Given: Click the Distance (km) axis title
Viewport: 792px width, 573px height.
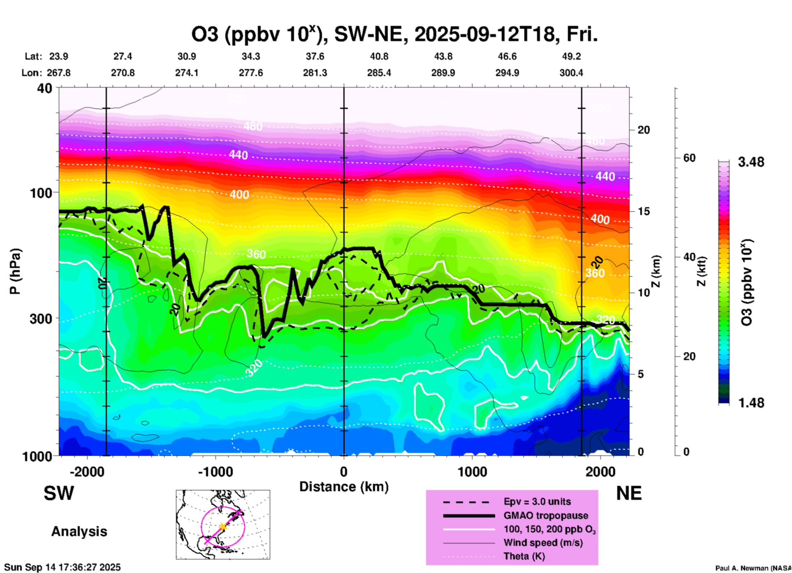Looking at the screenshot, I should [x=344, y=487].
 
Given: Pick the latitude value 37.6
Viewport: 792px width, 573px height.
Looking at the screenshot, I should [x=315, y=57].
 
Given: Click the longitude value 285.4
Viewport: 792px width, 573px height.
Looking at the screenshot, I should [x=379, y=73].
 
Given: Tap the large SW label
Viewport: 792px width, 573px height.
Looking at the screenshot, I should [x=59, y=494].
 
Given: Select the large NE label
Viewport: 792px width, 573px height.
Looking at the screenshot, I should [x=629, y=494].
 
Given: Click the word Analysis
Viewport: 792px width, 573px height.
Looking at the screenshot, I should [x=79, y=531].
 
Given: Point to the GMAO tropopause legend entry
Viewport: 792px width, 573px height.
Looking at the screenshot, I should [x=546, y=516].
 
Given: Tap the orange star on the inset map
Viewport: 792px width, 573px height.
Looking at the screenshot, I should [x=223, y=527].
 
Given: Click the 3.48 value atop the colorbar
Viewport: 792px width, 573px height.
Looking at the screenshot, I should [x=751, y=162].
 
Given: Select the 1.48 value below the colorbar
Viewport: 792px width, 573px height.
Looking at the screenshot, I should [x=751, y=403].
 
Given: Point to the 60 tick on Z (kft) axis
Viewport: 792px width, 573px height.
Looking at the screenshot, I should [x=689, y=158].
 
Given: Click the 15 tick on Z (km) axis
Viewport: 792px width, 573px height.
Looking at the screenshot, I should [x=644, y=211].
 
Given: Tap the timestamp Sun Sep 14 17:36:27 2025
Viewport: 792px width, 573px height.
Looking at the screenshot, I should [x=63, y=567].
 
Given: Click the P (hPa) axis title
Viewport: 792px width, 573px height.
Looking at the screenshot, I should [x=15, y=271].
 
